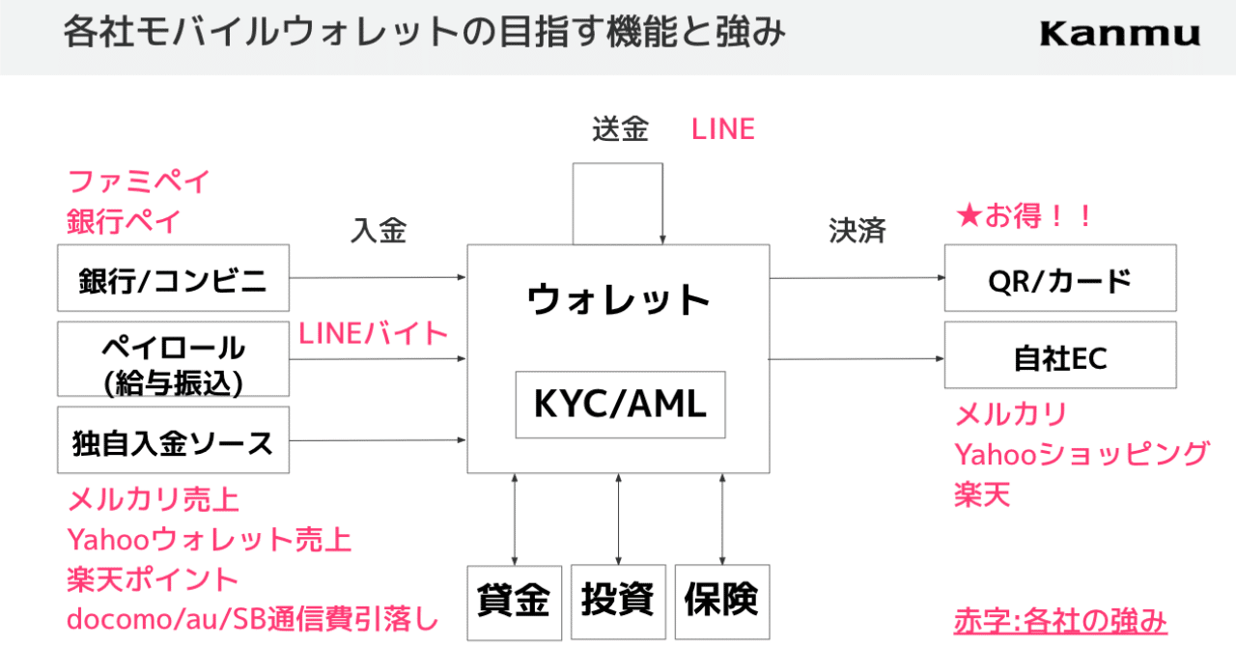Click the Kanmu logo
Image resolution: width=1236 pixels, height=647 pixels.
[1120, 35]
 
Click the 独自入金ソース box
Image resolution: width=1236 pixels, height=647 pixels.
[174, 442]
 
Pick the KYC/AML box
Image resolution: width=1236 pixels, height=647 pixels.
[620, 405]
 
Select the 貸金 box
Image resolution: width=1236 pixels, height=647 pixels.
[514, 602]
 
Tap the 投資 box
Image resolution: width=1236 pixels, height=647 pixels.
[618, 602]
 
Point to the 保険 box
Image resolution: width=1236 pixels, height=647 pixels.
[721, 602]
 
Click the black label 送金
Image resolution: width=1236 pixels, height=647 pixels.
[620, 128]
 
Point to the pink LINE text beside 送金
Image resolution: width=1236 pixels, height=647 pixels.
[722, 128]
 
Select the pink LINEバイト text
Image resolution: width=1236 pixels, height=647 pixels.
[374, 333]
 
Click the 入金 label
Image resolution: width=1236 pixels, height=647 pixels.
[379, 231]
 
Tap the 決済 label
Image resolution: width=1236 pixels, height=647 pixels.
[857, 231]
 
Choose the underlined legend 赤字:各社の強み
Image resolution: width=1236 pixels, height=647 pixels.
[1060, 619]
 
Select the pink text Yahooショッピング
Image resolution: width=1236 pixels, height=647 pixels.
[1081, 454]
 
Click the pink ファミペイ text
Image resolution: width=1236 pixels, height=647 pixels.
[138, 181]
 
